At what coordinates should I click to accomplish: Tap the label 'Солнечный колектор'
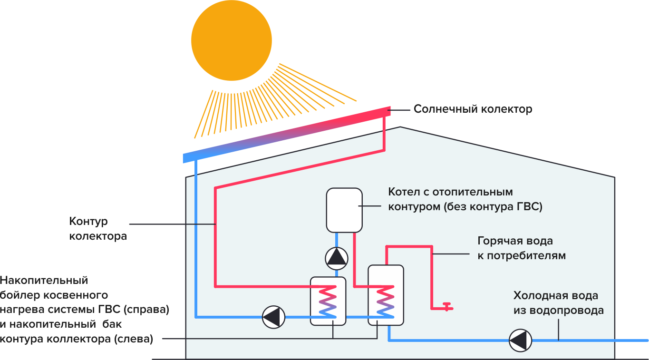coord(473,109)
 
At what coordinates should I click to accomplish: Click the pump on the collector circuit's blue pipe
coord(273,316)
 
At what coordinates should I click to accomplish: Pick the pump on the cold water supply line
coord(520,341)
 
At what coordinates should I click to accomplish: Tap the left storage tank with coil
coord(328,301)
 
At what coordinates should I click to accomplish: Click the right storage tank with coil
coord(386,295)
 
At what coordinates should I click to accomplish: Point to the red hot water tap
coord(447,306)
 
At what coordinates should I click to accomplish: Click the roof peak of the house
coord(400,127)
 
